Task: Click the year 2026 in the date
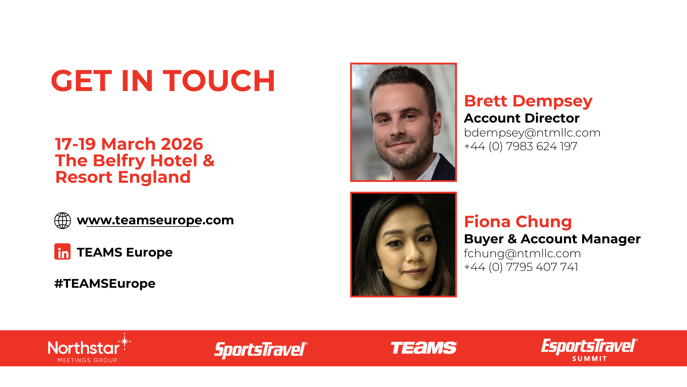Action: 182,144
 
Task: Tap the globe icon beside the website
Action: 63,220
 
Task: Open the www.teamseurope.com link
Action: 155,220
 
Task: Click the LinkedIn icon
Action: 63,252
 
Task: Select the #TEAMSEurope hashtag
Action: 105,283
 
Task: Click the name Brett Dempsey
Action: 528,101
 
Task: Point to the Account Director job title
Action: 522,118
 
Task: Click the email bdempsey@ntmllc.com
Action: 532,133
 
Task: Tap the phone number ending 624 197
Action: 521,146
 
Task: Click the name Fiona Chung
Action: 518,222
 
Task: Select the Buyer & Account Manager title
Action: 552,239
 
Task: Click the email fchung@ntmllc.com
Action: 522,253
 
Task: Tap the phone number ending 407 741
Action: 521,267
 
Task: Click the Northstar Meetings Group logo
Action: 89,348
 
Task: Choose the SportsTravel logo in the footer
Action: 261,350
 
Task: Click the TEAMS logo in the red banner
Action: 424,348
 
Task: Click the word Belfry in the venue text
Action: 120,161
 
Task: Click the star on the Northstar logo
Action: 125,341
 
